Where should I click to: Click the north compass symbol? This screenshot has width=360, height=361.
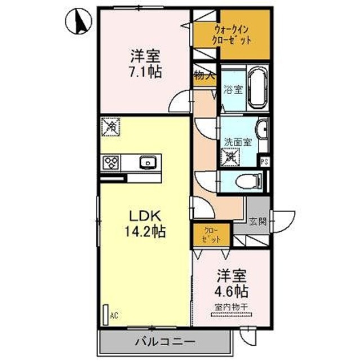click(x=78, y=23)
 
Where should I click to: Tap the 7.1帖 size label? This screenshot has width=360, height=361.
click(x=145, y=72)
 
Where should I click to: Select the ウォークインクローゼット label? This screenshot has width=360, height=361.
click(x=232, y=35)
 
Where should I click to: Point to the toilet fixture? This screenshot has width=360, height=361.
click(x=248, y=181)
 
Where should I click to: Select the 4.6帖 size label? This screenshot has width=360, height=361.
click(x=232, y=292)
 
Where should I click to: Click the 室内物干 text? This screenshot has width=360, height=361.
click(x=232, y=307)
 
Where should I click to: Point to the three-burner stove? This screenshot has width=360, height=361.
click(x=110, y=163)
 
